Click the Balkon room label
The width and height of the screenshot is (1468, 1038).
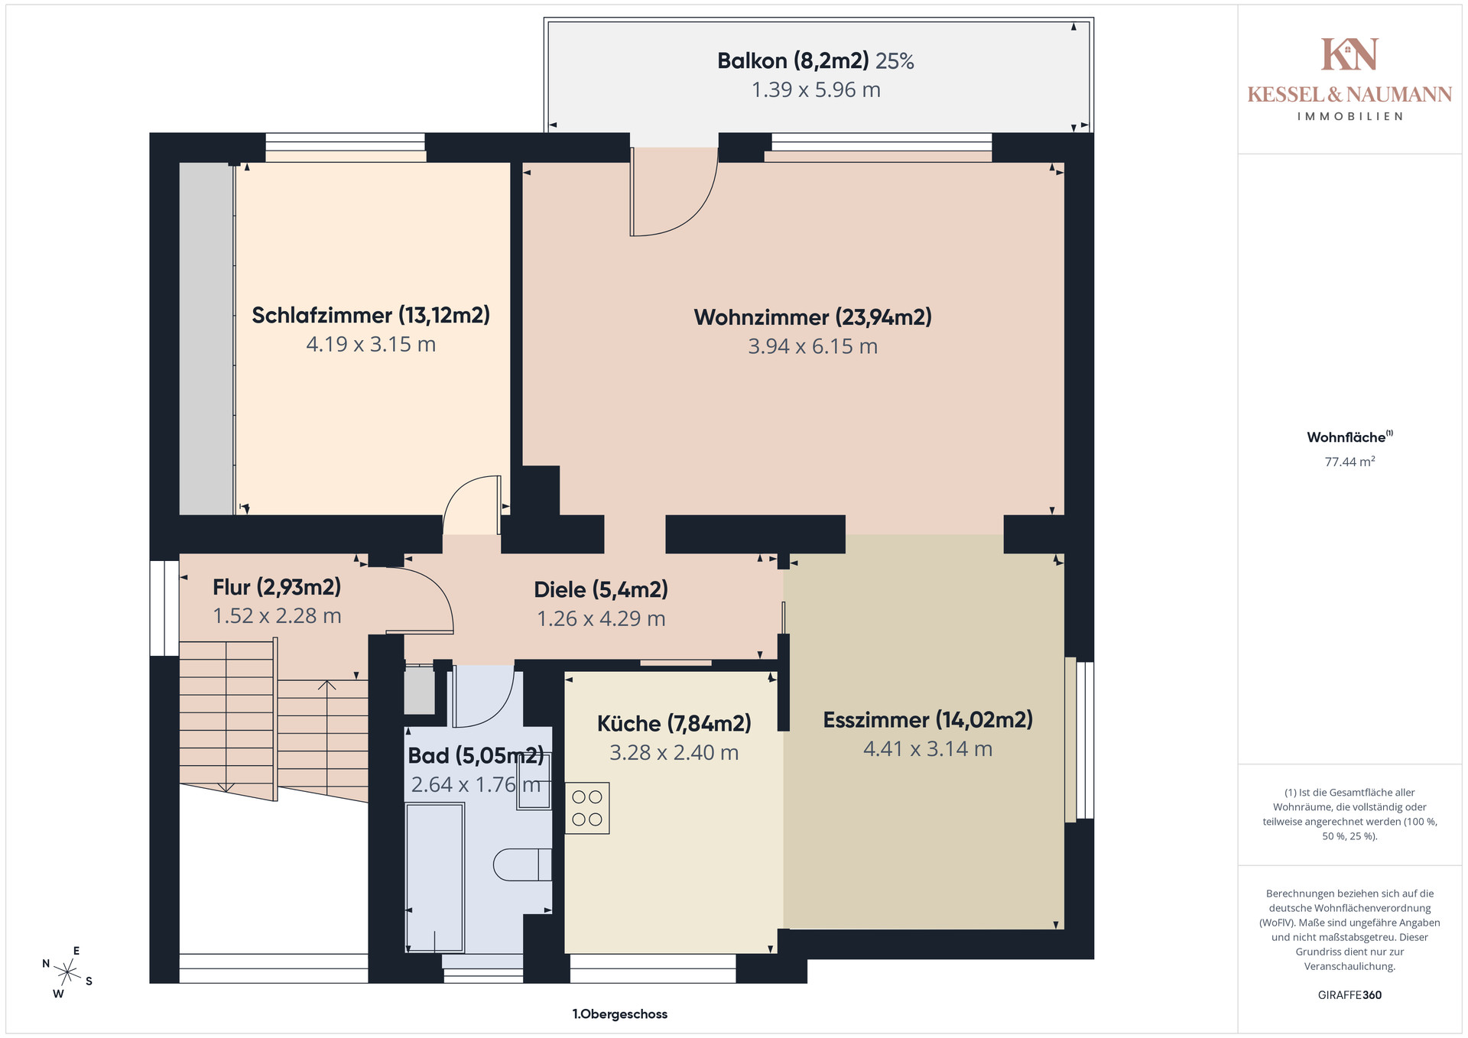coord(793,61)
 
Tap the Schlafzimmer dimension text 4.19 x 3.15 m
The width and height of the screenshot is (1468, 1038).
coord(371,344)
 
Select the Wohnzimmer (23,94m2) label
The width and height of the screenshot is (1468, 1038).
coord(813,317)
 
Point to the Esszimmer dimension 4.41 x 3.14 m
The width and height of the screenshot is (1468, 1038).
coord(927,749)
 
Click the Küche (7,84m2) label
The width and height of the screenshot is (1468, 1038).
coord(674,723)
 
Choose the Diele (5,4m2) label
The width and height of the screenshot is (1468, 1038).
coord(601,589)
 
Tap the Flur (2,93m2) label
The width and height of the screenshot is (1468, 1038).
coord(277,587)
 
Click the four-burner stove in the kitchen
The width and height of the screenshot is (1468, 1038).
coord(587,808)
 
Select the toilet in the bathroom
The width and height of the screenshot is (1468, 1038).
coord(522,864)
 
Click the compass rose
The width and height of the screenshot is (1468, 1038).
coord(67,972)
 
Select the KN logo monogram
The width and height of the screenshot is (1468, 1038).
coord(1349,54)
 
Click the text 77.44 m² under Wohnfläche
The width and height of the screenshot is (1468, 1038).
coord(1349,462)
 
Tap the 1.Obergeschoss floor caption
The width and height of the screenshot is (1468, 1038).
coord(620,1014)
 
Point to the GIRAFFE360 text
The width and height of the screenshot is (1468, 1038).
coord(1349,995)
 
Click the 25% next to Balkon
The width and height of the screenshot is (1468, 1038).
coord(895,61)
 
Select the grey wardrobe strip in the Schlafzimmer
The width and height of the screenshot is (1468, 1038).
coord(206,339)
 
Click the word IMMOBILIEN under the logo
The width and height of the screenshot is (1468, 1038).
coord(1349,116)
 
